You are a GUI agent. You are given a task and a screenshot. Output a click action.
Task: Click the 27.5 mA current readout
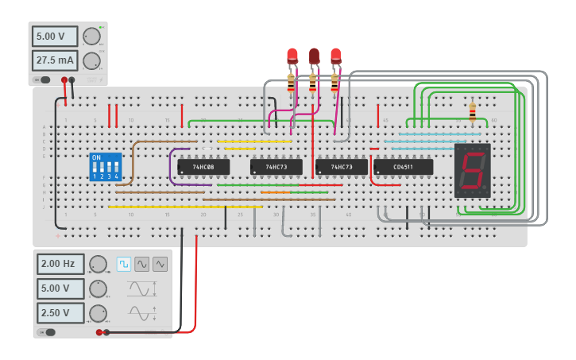coord(55,60)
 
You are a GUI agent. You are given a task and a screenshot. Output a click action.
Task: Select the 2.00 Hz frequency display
coord(60,264)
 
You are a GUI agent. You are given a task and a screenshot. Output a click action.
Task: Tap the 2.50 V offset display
coord(60,312)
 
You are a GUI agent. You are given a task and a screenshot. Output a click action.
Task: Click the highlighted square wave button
coord(124,264)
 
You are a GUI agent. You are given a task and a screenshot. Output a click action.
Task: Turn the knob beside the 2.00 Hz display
coord(98,264)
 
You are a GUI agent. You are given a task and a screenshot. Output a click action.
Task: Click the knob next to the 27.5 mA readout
coord(92,60)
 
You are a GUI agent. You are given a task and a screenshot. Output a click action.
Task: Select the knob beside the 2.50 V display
coord(98,312)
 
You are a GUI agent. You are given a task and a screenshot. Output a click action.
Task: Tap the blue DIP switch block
coord(106,167)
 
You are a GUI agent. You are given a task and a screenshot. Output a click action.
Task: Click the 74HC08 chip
coord(203,167)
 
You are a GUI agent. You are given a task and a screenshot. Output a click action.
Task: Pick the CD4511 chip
coord(403,167)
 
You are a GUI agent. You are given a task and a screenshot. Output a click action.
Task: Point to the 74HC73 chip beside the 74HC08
coord(276,167)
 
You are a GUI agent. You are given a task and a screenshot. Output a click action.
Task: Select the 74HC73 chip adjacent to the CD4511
coord(341,167)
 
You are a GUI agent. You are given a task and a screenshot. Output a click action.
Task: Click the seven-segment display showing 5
coord(473,171)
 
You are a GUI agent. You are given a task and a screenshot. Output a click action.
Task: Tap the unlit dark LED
coord(314,56)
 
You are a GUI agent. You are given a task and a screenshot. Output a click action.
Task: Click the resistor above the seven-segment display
coord(473,112)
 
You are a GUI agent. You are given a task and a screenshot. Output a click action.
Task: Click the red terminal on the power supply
coord(64,79)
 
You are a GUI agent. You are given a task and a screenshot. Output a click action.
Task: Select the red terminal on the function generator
coord(99,332)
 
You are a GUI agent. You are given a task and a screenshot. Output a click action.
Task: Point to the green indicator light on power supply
coord(101,28)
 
